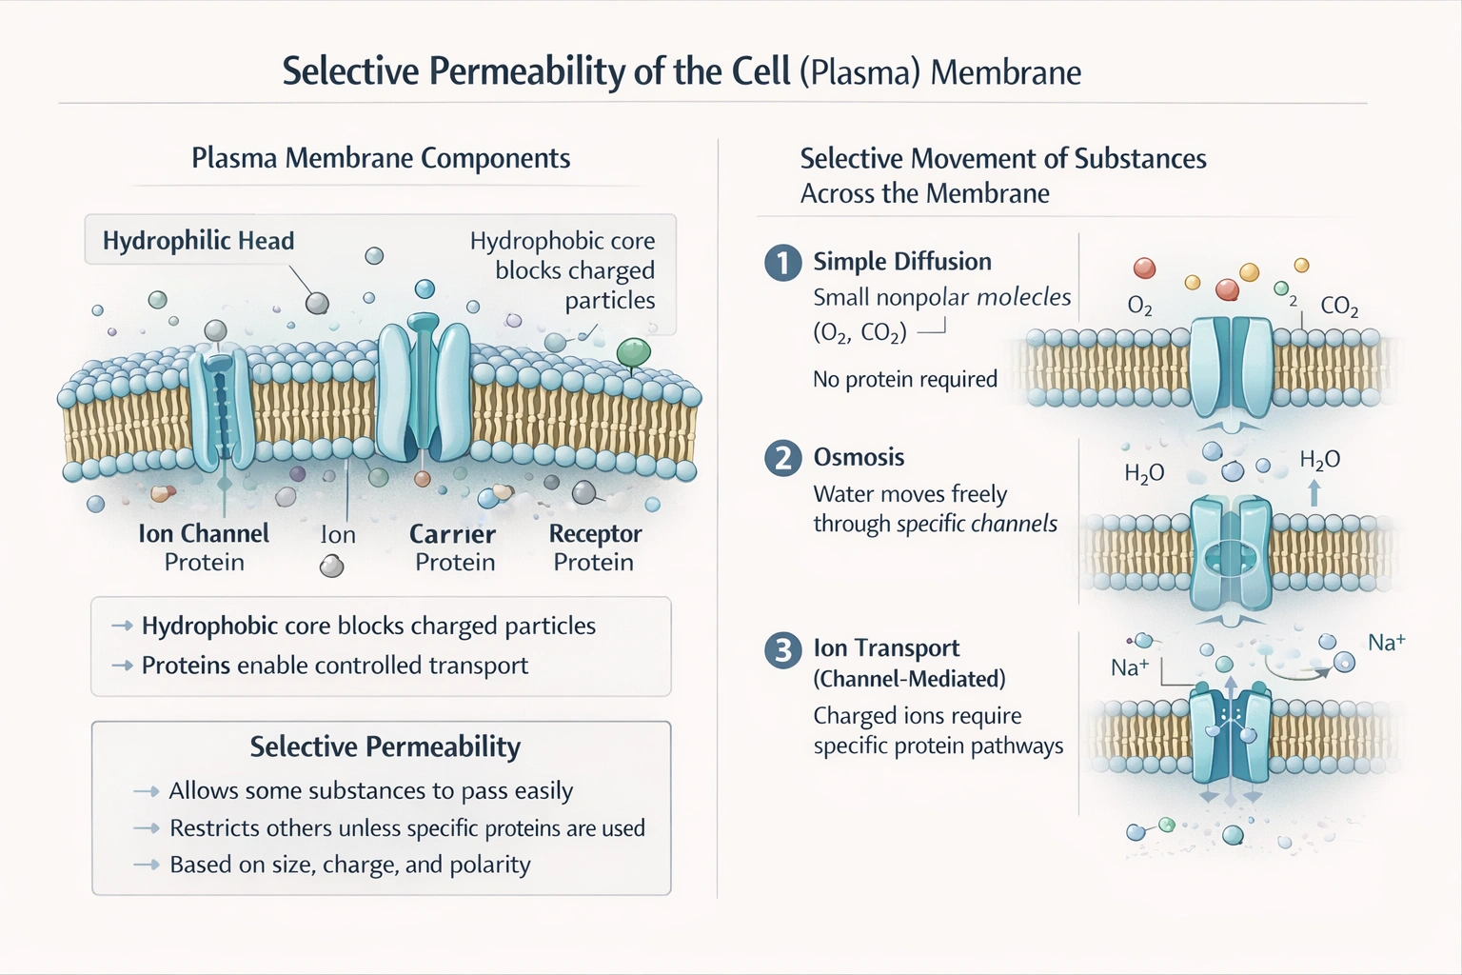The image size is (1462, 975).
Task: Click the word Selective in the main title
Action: click(350, 72)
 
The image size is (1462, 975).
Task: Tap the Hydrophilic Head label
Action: click(198, 241)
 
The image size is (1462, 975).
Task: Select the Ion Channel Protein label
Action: click(204, 547)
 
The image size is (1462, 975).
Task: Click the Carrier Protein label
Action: click(454, 547)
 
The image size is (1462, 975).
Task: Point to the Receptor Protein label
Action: click(595, 547)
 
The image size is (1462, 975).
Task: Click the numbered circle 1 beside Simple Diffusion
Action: click(782, 262)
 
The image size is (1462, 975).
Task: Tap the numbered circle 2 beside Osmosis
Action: click(782, 458)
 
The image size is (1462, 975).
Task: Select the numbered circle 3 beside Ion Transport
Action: click(782, 650)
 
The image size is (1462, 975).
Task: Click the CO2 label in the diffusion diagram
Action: click(1339, 307)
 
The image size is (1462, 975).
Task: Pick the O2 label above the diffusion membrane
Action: click(1139, 307)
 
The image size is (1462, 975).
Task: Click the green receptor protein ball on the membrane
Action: click(633, 353)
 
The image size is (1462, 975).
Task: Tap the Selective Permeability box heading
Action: click(385, 747)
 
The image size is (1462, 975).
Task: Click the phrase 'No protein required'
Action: click(904, 379)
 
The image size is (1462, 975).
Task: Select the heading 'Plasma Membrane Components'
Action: click(381, 158)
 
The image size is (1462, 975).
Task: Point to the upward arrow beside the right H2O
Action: click(1314, 492)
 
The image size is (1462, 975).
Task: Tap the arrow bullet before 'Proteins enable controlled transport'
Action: click(122, 666)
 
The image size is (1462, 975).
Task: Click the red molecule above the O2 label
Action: click(1144, 269)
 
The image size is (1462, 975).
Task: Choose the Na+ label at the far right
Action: click(1386, 643)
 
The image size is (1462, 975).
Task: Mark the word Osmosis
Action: click(859, 457)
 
